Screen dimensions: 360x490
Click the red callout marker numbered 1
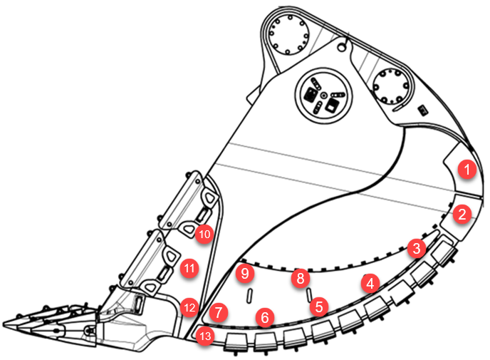467,170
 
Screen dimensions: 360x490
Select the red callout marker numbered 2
462,213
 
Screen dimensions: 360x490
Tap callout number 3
416,249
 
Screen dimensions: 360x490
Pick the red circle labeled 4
370,283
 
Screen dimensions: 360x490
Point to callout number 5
319,307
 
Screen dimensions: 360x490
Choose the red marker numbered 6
265,317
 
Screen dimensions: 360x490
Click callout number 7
219,312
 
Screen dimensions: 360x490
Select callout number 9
244,272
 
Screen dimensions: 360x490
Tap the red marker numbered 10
204,233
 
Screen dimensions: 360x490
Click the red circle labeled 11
189,269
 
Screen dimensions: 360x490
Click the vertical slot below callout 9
249,295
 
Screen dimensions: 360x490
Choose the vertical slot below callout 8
307,294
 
